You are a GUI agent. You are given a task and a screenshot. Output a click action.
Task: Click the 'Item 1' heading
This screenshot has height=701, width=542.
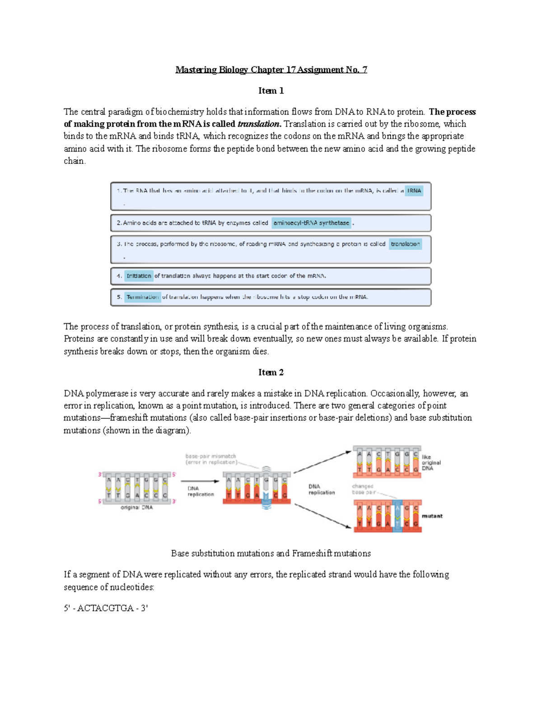click(271, 91)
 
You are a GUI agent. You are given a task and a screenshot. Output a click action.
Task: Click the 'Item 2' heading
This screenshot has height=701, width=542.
click(271, 372)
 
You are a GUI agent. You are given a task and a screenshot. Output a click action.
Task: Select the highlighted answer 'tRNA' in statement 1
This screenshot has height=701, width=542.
click(414, 191)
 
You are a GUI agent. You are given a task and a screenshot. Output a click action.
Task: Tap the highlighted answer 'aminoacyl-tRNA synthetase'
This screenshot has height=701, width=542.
click(311, 223)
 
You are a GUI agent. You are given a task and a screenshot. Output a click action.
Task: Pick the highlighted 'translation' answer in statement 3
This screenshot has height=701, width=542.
click(405, 244)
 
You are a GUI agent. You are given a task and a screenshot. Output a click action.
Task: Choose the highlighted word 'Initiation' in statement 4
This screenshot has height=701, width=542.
click(139, 276)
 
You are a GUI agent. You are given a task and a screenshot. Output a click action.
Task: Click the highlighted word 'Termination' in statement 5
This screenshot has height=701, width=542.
click(142, 297)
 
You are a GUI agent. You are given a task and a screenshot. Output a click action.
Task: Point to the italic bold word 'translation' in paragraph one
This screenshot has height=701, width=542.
click(259, 124)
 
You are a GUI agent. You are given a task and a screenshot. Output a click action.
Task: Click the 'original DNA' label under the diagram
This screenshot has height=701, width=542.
click(136, 507)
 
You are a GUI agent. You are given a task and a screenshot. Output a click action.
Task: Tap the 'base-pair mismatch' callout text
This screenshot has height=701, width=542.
click(210, 459)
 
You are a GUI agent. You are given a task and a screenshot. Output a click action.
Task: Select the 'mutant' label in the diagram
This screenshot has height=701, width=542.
click(432, 516)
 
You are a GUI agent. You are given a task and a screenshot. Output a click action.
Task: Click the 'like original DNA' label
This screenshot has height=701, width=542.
click(431, 463)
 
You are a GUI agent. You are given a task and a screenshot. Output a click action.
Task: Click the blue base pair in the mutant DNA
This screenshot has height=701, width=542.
click(397, 516)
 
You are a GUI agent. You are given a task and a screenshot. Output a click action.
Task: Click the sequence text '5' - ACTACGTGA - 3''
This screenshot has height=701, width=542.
click(106, 608)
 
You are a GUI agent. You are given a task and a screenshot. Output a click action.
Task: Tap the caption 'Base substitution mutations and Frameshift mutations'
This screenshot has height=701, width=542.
click(271, 553)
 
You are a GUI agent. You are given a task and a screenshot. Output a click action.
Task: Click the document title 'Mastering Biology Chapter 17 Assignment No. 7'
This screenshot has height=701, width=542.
click(271, 70)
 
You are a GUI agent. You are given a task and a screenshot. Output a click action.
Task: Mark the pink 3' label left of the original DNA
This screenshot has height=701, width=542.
click(100, 474)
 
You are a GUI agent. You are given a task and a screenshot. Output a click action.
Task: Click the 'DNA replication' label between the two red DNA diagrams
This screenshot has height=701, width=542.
click(321, 489)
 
